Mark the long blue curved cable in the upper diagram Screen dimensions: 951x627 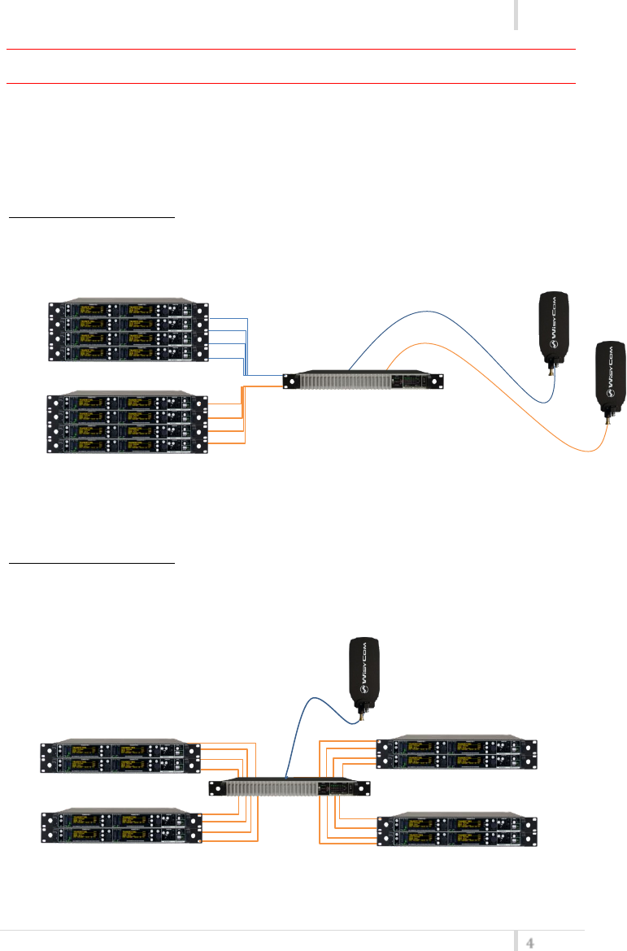(455, 325)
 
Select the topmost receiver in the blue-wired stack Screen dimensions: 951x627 (127, 310)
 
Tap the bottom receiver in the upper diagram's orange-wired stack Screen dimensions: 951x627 (127, 443)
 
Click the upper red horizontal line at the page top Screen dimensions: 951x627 (291, 49)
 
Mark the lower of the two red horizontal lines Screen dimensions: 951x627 (291, 82)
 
